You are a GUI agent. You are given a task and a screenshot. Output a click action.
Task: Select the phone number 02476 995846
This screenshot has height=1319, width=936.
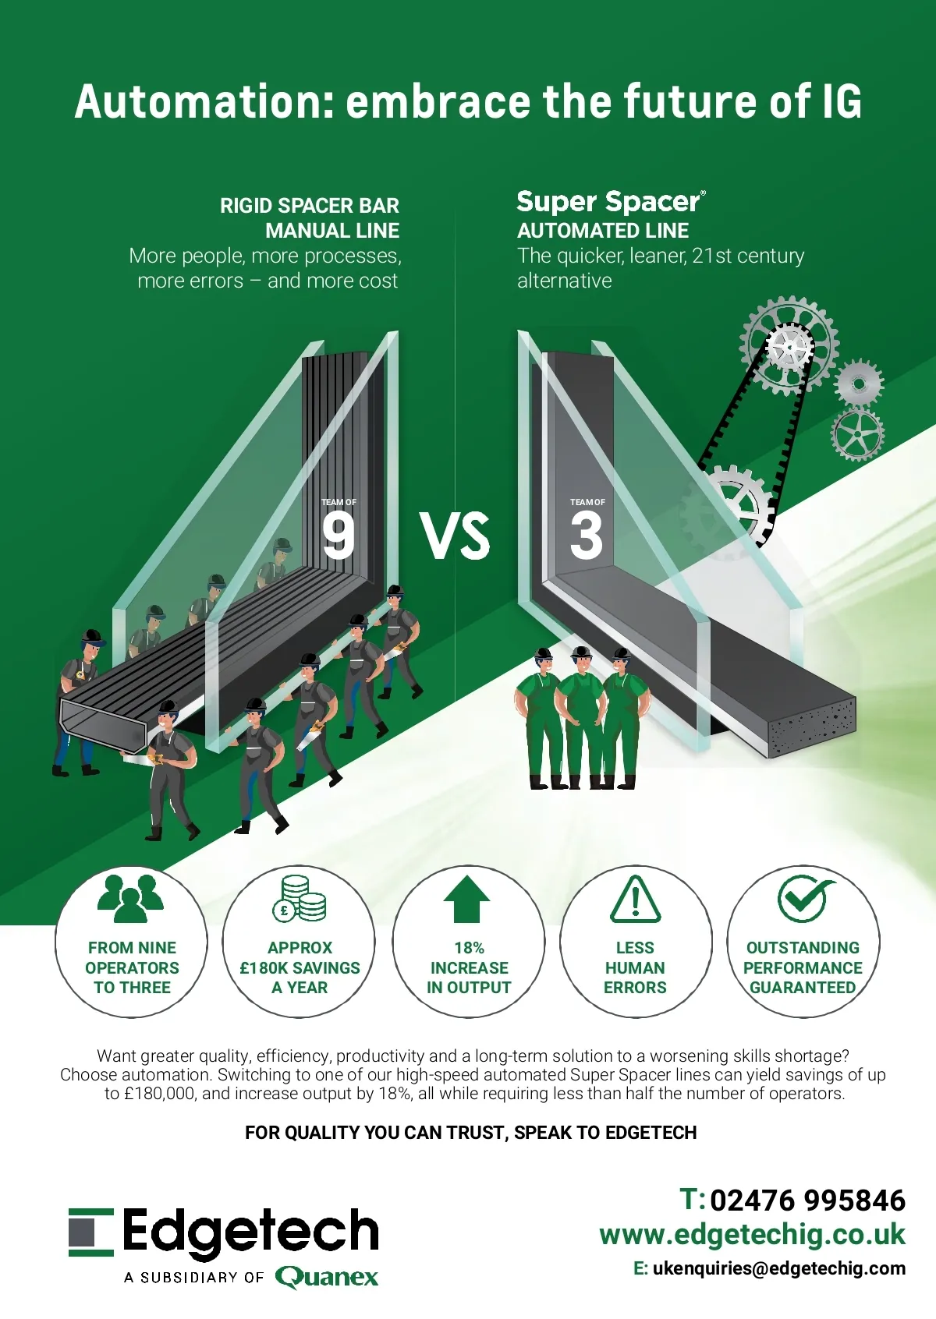tap(807, 1201)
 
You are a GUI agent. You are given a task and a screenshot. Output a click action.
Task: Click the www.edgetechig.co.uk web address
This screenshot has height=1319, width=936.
tap(752, 1235)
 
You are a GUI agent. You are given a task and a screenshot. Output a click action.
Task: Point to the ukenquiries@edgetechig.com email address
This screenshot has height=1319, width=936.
tap(778, 1268)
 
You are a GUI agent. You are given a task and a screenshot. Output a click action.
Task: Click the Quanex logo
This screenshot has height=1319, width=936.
tap(327, 1277)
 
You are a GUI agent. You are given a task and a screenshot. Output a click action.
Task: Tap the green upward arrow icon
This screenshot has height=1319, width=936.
tap(466, 900)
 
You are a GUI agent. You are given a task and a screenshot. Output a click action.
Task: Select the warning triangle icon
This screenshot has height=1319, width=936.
tap(635, 900)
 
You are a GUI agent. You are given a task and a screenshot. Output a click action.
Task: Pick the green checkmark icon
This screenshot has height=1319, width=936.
tap(803, 898)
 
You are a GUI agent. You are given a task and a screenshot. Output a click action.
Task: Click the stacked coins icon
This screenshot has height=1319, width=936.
tap(300, 899)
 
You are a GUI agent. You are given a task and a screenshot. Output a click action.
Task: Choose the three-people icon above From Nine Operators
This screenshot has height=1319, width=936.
tap(131, 898)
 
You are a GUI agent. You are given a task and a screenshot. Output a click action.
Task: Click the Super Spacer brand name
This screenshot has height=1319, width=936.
tap(609, 202)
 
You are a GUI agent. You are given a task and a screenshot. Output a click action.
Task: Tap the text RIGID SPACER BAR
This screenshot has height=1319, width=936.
tap(309, 206)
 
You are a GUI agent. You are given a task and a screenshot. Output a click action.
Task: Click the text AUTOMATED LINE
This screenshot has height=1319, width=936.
tap(603, 231)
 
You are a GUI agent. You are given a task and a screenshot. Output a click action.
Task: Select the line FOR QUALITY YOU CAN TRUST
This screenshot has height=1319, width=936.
tap(470, 1133)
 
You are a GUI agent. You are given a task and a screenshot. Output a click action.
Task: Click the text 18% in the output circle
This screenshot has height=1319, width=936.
tap(469, 948)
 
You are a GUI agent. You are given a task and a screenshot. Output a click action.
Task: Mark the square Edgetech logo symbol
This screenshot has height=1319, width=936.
tap(91, 1232)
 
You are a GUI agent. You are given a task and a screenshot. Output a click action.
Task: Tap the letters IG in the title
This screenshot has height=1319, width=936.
tap(841, 102)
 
